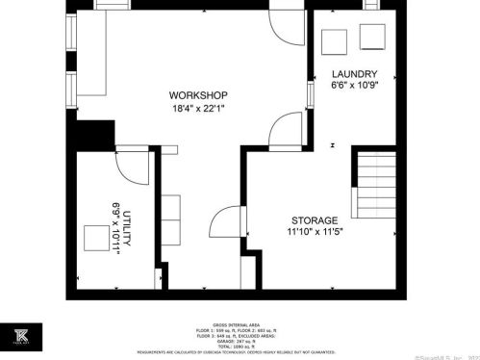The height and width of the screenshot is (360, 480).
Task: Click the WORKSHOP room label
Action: point(197,95)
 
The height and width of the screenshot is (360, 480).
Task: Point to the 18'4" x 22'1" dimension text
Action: point(197,109)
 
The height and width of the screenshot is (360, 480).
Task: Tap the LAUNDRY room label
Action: point(354,74)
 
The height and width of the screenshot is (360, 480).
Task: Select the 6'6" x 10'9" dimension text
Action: point(354,87)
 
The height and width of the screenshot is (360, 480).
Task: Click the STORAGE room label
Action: point(313,220)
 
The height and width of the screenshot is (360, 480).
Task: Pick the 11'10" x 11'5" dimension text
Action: point(313,233)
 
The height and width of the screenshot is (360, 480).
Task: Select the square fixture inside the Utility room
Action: point(96,237)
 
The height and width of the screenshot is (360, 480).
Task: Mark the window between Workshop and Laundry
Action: point(310,97)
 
